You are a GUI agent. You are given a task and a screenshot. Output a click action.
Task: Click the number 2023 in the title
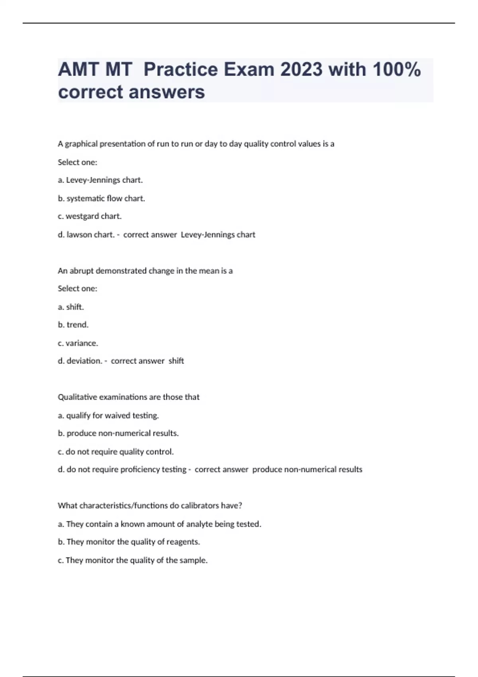302,70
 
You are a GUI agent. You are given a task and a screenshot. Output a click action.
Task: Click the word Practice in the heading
180,70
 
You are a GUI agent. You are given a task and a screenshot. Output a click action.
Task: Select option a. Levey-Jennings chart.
100,180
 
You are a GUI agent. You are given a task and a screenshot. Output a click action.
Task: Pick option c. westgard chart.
90,216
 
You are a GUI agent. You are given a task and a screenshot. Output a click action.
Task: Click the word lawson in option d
79,235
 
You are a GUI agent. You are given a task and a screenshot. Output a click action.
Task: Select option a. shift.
71,307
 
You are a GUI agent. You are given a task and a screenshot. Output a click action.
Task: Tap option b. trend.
73,325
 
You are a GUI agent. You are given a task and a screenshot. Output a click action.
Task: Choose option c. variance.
78,343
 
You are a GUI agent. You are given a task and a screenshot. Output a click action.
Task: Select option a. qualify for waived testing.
108,415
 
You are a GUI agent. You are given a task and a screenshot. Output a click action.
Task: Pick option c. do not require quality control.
116,452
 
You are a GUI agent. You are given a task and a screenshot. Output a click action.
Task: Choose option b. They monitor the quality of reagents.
129,542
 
